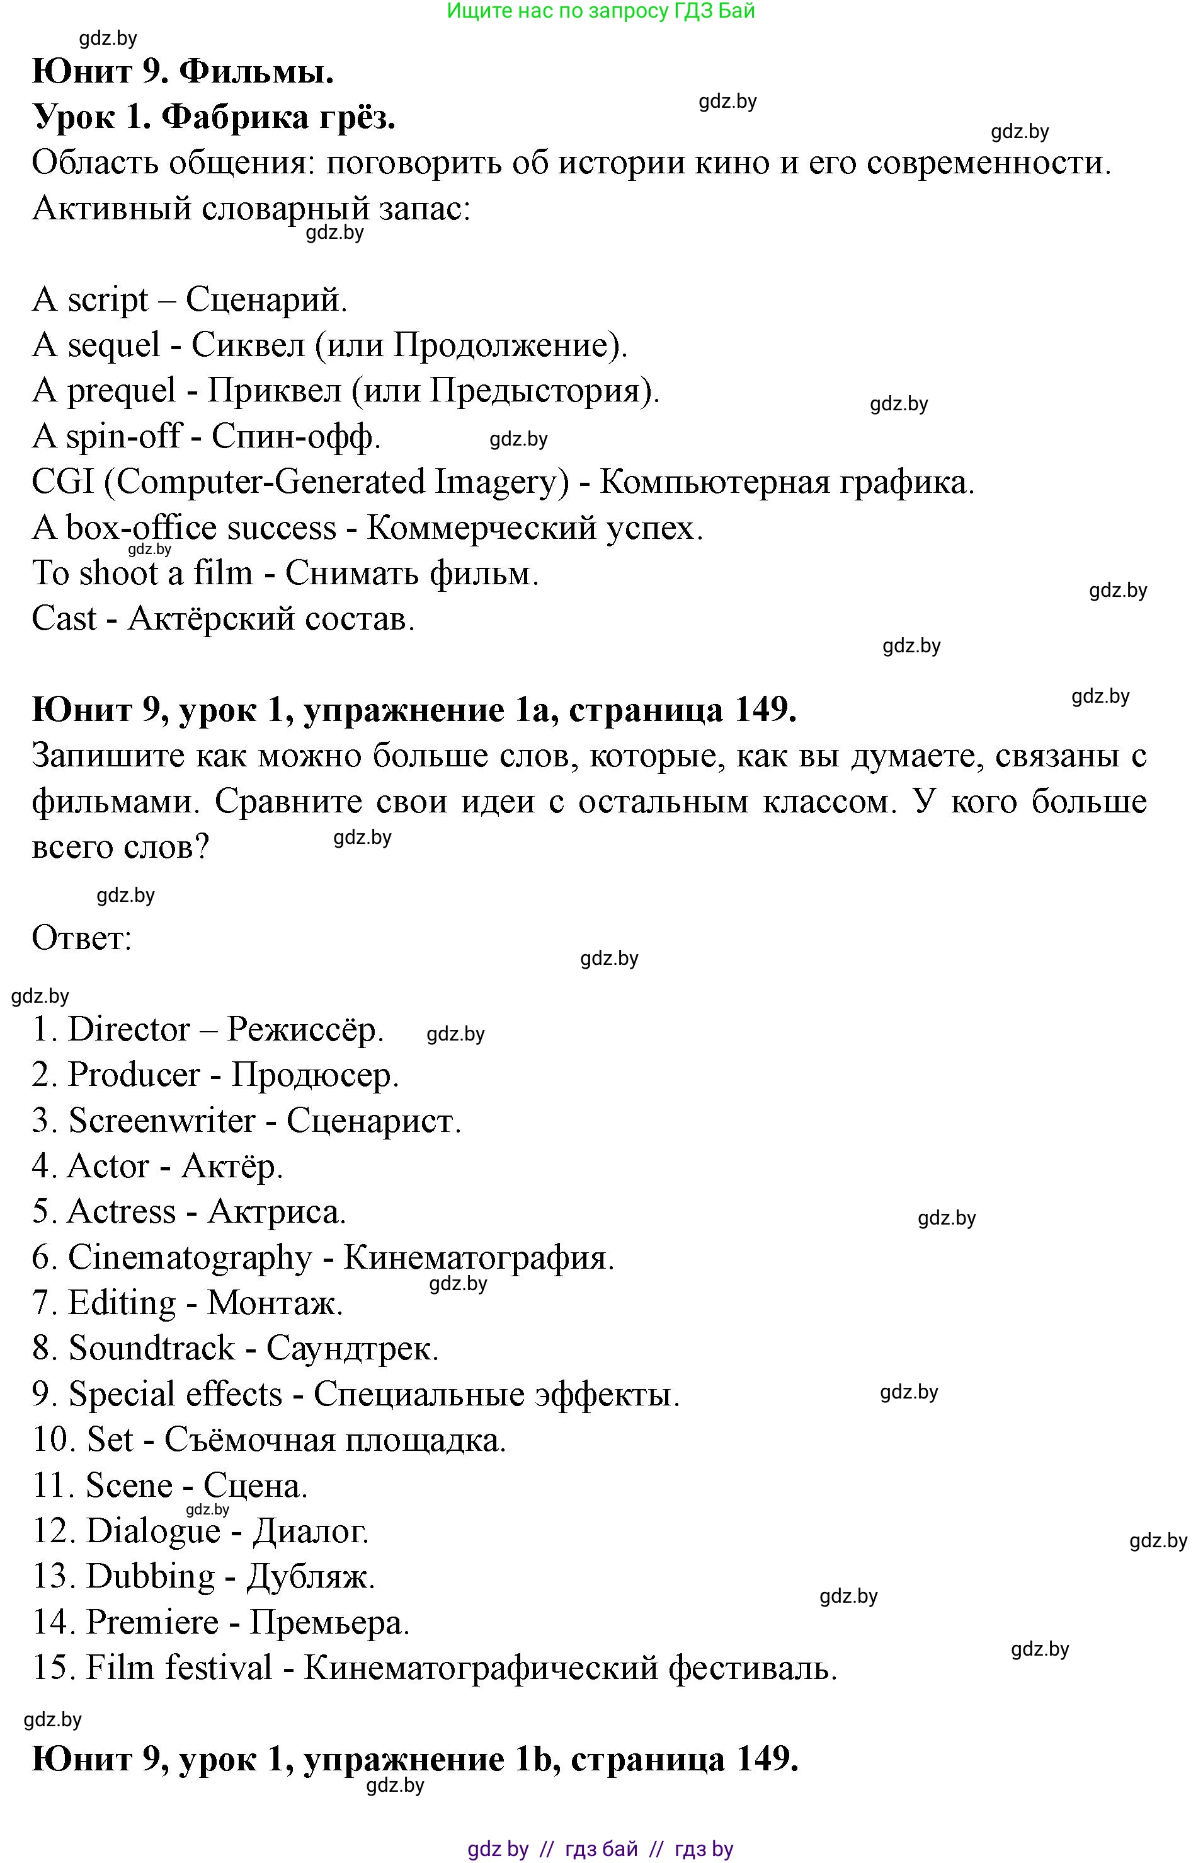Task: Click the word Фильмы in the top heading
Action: click(256, 72)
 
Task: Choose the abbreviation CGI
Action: click(62, 482)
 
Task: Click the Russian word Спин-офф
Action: click(295, 437)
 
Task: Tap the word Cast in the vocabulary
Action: click(64, 619)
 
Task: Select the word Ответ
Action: click(81, 938)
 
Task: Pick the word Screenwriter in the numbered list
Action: click(162, 1121)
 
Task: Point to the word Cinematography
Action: click(190, 1257)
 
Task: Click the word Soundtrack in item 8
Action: click(152, 1349)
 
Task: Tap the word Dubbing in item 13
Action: click(150, 1576)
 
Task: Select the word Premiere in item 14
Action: click(152, 1622)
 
